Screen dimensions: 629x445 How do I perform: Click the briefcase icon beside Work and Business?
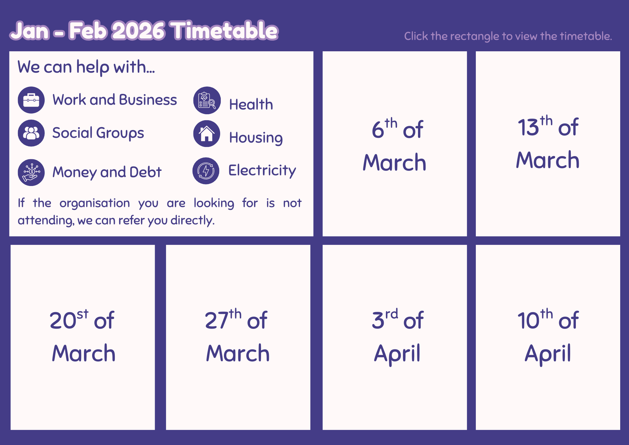[31, 100]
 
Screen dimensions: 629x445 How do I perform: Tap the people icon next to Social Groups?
[31, 133]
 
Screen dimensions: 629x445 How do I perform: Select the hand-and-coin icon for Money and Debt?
[31, 172]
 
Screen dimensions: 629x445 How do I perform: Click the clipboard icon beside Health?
[207, 100]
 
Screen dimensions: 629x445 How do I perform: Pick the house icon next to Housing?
[207, 134]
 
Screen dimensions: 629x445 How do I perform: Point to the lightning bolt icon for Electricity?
[206, 171]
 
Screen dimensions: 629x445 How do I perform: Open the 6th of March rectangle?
[395, 144]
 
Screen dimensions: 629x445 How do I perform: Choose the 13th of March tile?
[548, 144]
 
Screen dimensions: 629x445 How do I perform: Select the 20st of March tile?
[83, 337]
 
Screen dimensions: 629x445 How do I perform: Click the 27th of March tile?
[238, 337]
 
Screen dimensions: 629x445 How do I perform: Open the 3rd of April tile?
[395, 337]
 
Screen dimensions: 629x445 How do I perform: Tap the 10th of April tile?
[548, 337]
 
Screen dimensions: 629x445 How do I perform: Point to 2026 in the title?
[138, 31]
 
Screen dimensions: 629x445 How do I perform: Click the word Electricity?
[262, 171]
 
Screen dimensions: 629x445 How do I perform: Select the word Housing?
[256, 138]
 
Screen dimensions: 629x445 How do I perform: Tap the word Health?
[251, 104]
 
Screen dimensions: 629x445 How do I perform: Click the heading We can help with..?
[86, 67]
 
